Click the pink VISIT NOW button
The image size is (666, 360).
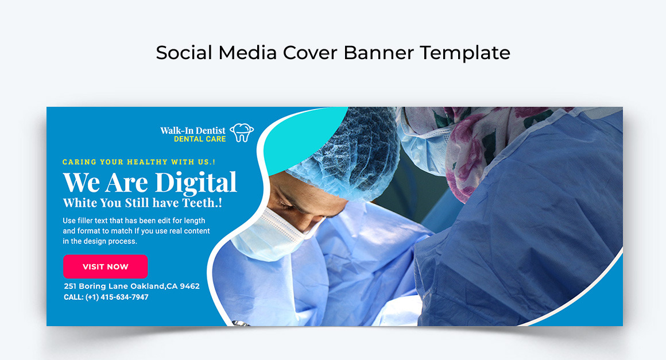[105, 266]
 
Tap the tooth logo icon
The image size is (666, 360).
[242, 133]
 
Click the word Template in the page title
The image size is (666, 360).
[465, 53]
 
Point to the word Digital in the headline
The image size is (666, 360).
[196, 183]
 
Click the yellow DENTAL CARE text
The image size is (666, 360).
[200, 140]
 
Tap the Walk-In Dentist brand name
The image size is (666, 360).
[193, 130]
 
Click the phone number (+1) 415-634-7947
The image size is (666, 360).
[117, 297]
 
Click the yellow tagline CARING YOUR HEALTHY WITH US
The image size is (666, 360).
[139, 162]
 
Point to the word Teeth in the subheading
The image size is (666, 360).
[199, 203]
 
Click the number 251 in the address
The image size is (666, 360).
[70, 286]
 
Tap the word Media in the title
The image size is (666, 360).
[247, 53]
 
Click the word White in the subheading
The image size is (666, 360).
[80, 203]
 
